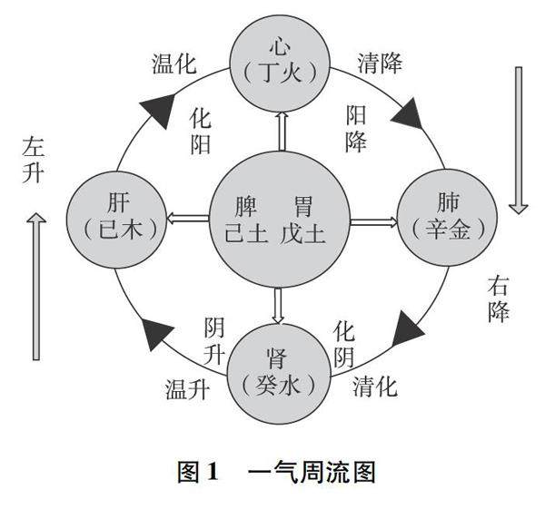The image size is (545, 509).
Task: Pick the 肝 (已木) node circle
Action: point(112,219)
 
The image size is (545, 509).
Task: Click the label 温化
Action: point(172,64)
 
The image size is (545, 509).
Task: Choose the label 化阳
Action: point(201,131)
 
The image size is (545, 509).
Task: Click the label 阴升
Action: point(215,339)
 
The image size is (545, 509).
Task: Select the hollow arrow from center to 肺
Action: point(373,220)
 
